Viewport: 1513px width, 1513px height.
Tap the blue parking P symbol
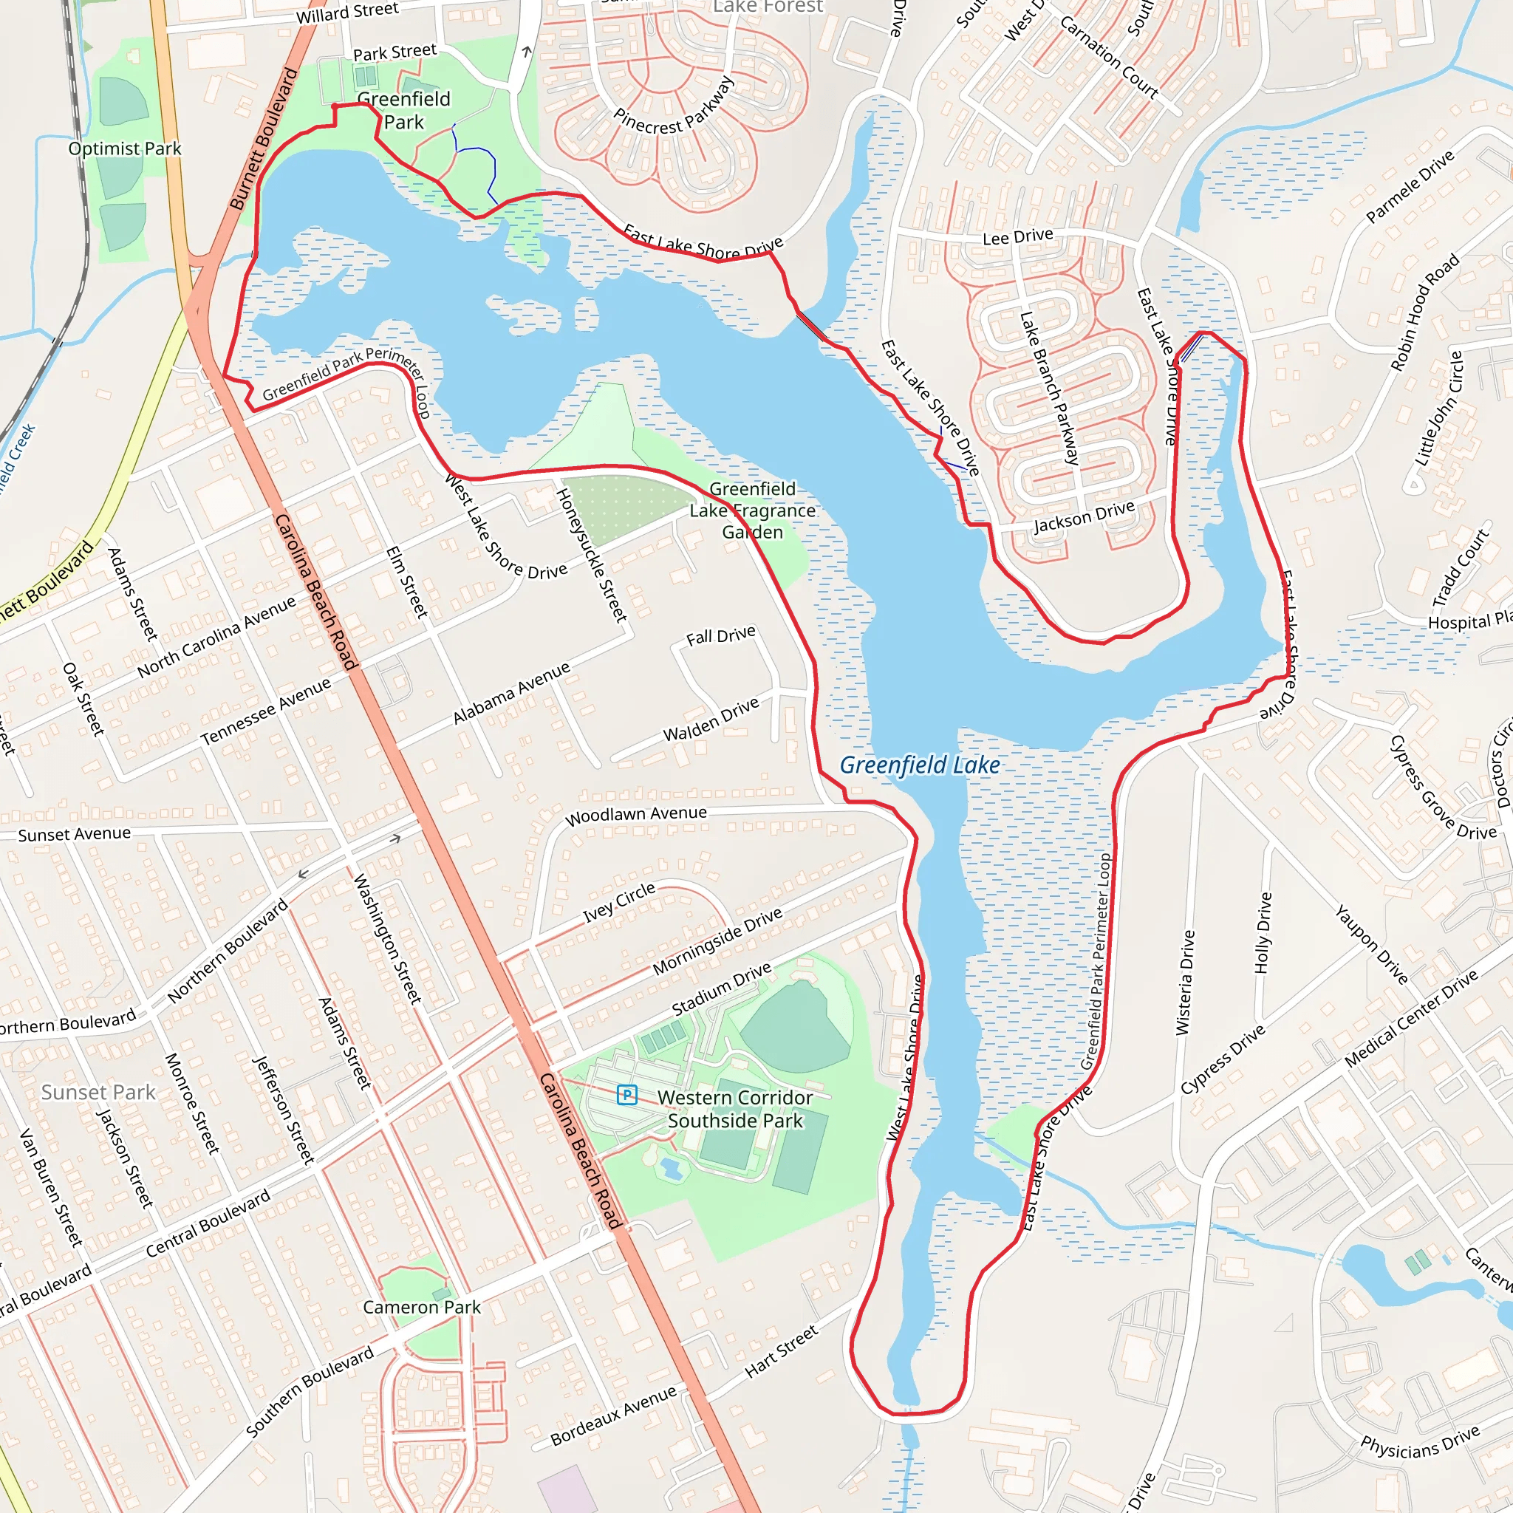(626, 1095)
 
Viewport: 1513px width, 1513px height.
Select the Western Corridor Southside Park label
(734, 1109)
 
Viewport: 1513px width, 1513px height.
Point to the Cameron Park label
(421, 1307)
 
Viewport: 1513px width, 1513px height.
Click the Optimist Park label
(125, 148)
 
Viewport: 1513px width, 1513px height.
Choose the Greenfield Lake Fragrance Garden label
(752, 510)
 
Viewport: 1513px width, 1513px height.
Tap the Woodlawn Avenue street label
(636, 816)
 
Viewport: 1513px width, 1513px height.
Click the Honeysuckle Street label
(592, 556)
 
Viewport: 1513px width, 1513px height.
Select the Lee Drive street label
(1017, 236)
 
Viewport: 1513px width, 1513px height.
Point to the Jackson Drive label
(1084, 517)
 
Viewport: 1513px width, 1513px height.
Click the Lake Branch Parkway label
(1049, 389)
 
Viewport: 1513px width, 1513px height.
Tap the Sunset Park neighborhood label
(98, 1093)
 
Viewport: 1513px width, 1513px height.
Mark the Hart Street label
(781, 1351)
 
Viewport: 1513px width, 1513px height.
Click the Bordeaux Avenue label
(613, 1416)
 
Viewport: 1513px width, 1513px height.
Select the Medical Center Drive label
(1411, 1018)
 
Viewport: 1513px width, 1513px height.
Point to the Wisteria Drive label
(1186, 982)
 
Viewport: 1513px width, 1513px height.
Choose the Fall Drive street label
(720, 635)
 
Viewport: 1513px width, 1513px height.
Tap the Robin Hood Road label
(1424, 312)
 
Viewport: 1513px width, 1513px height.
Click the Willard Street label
(347, 13)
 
